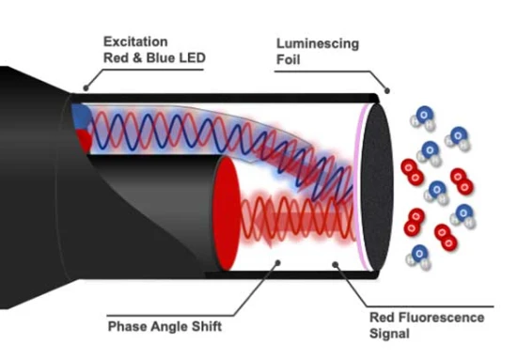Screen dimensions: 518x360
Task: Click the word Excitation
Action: pyautogui.click(x=135, y=41)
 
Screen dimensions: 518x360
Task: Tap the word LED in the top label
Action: pyautogui.click(x=193, y=57)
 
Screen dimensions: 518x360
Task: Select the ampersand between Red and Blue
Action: pyautogui.click(x=137, y=57)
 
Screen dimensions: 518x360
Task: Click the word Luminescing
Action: pyautogui.click(x=318, y=44)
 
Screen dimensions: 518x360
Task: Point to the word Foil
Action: pyautogui.click(x=288, y=60)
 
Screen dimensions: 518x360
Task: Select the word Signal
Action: pyautogui.click(x=389, y=334)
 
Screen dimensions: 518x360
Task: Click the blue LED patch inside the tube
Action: pyautogui.click(x=81, y=117)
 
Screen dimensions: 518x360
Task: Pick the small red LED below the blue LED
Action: pyautogui.click(x=84, y=140)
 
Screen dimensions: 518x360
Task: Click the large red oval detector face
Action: pyautogui.click(x=227, y=213)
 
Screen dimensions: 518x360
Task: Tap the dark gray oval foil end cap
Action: pyautogui.click(x=377, y=188)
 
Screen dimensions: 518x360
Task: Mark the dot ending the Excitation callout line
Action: pyautogui.click(x=86, y=87)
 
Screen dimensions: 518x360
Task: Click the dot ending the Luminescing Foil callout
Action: pyautogui.click(x=387, y=90)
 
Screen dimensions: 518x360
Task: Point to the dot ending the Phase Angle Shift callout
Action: pyautogui.click(x=278, y=263)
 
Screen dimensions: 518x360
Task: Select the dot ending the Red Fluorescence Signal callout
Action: pyautogui.click(x=336, y=264)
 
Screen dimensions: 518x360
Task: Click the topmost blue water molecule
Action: pyautogui.click(x=423, y=118)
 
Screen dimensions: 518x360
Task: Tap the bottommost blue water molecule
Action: pyautogui.click(x=418, y=258)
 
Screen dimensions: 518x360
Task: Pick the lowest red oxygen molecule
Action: pyautogui.click(x=446, y=238)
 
